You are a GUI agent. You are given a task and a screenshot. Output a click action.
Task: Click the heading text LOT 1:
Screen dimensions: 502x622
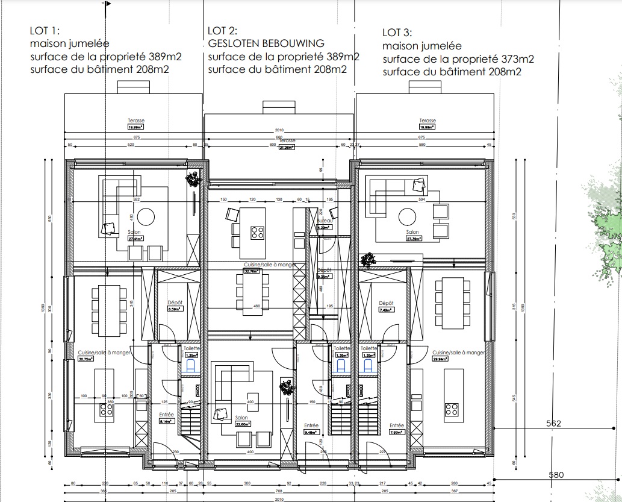click(x=45, y=31)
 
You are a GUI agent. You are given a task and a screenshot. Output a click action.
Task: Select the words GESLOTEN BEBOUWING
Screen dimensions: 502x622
click(x=266, y=43)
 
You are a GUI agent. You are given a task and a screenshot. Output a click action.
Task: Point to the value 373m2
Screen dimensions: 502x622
click(x=515, y=59)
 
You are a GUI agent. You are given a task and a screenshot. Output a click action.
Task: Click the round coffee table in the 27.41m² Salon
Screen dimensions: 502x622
click(x=146, y=216)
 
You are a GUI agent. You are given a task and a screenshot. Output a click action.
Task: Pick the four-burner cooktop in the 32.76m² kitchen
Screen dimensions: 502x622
click(x=258, y=232)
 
